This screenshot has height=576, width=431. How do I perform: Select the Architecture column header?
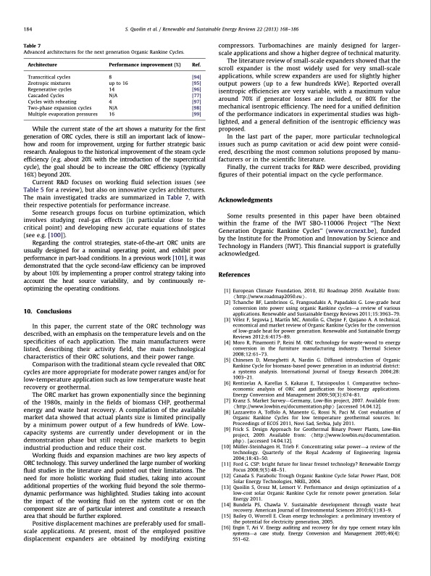(x=43, y=65)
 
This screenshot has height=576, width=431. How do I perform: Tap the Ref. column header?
(x=196, y=65)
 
